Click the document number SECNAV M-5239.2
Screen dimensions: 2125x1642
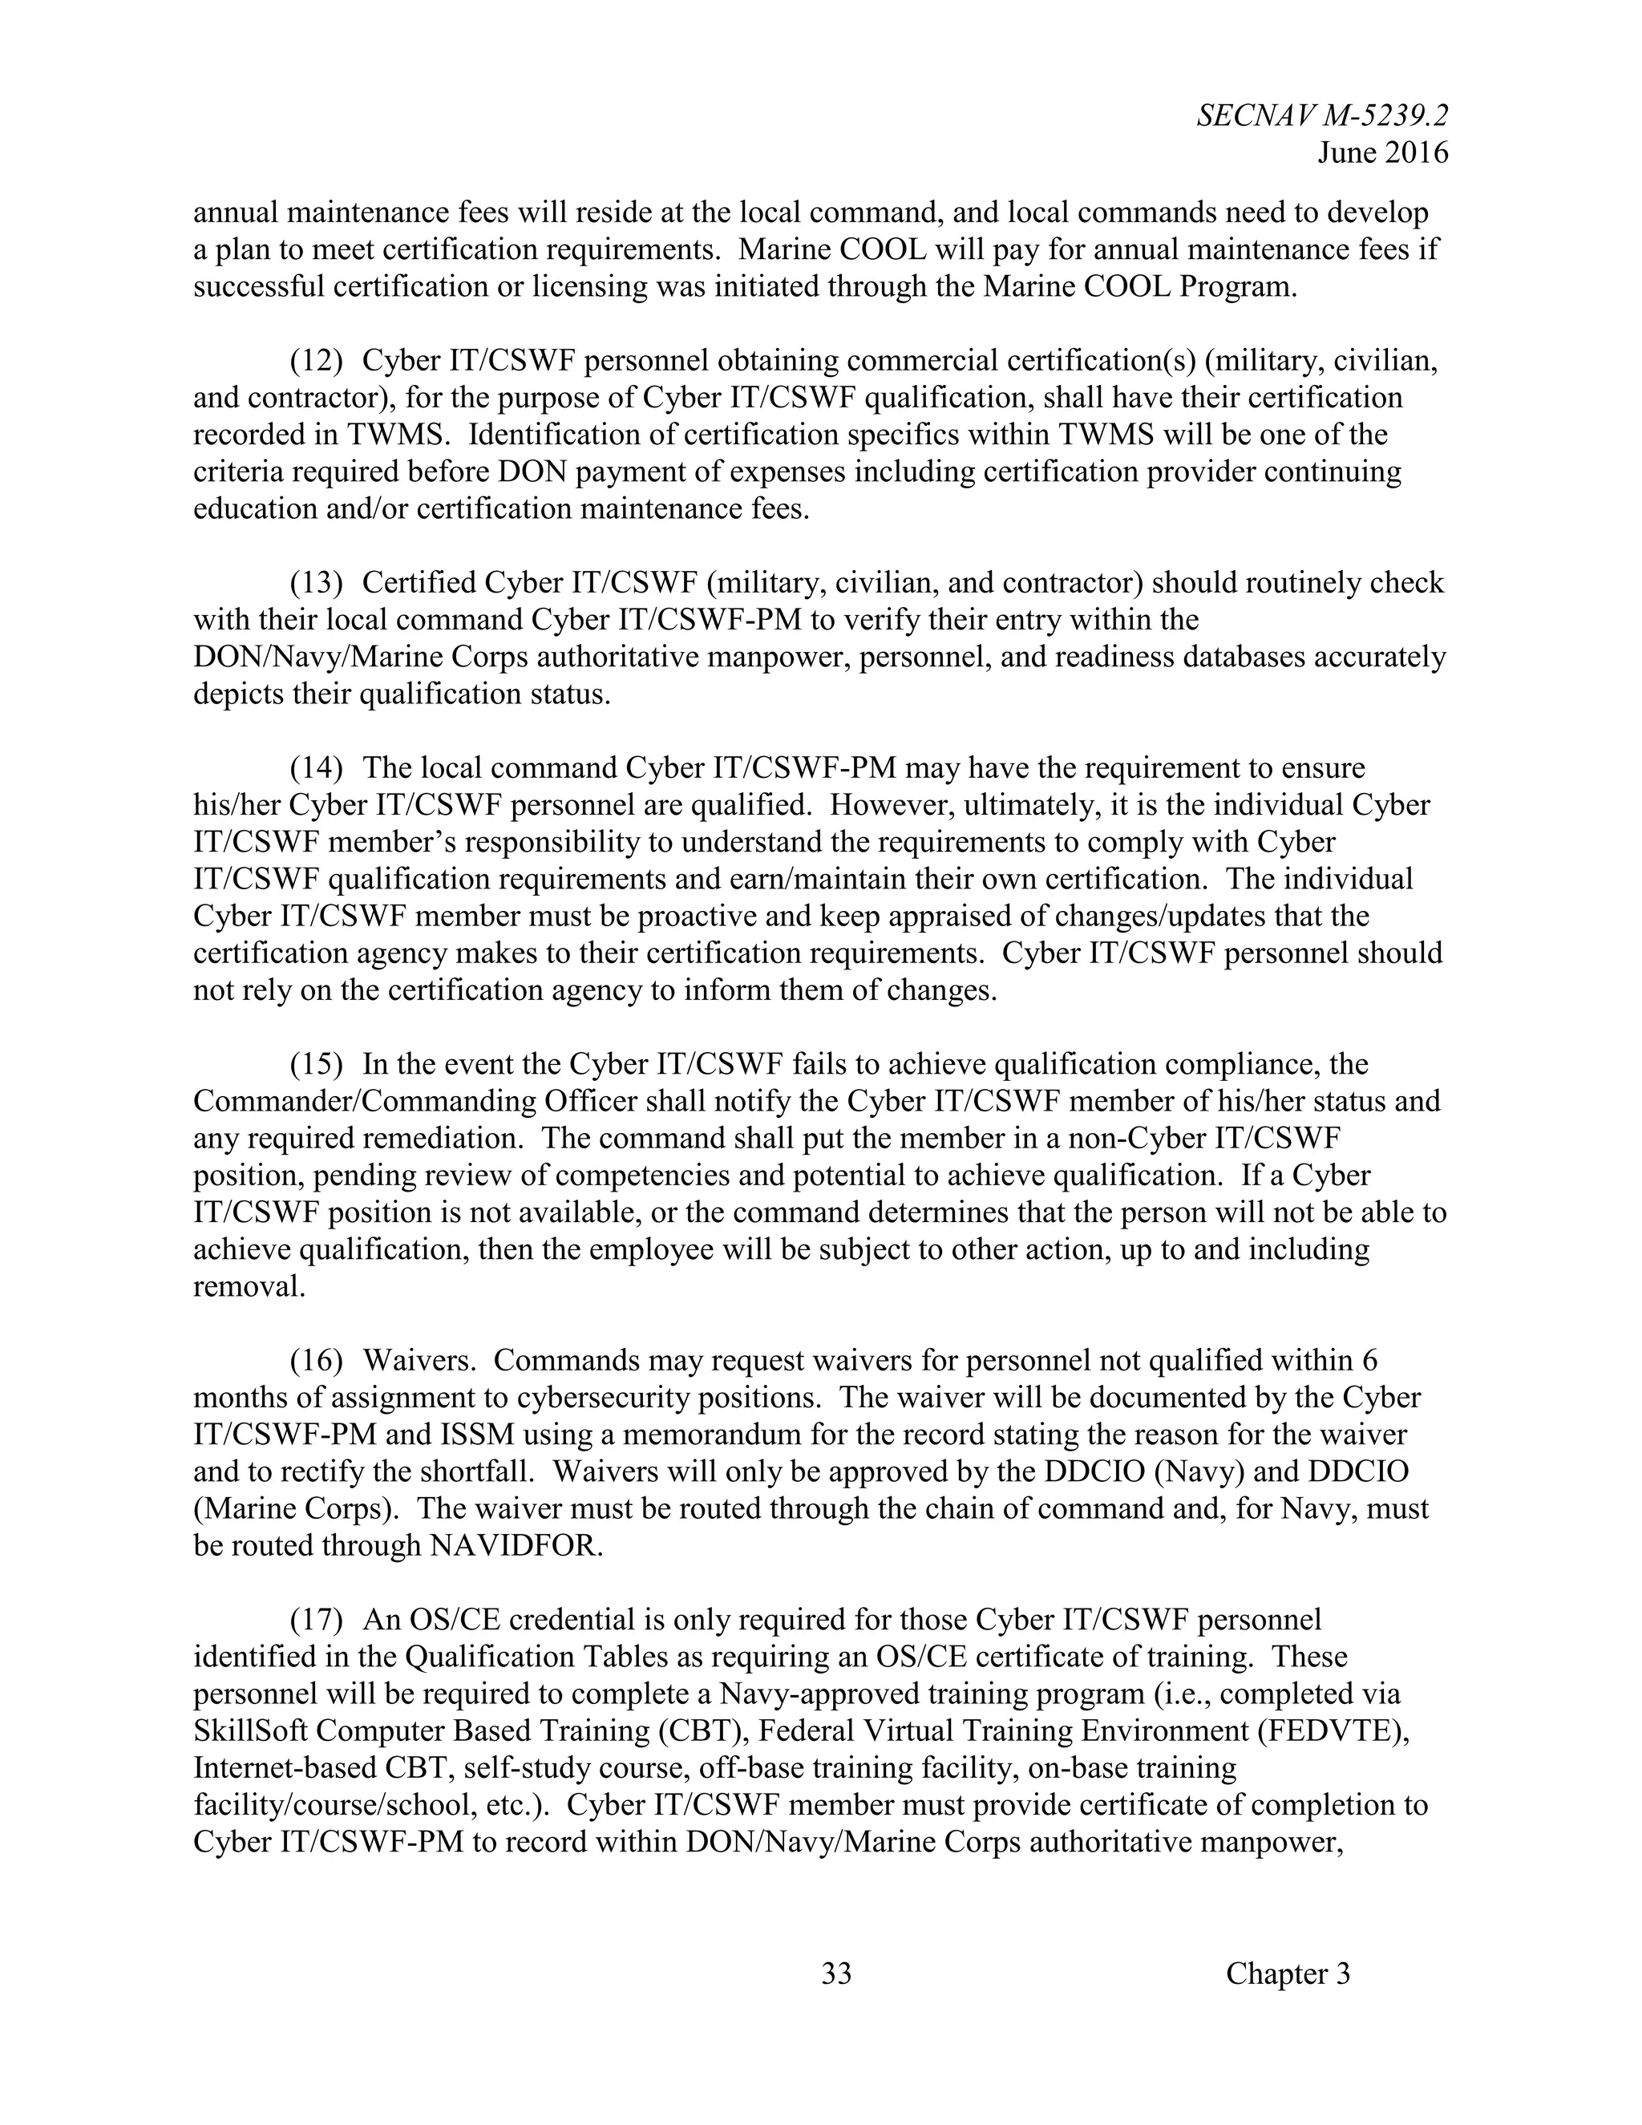coord(1322,115)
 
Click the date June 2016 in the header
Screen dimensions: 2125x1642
coord(1382,152)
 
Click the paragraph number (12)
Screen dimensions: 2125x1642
coord(316,361)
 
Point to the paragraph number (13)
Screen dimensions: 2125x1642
coord(316,583)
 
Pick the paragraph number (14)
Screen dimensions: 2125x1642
coord(316,767)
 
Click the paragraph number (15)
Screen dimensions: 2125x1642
coord(316,1064)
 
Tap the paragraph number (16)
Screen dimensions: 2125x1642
coord(316,1360)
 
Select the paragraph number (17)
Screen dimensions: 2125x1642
coord(316,1619)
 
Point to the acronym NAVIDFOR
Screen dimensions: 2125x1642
coord(516,1545)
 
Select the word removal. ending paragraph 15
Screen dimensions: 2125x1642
coord(249,1286)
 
